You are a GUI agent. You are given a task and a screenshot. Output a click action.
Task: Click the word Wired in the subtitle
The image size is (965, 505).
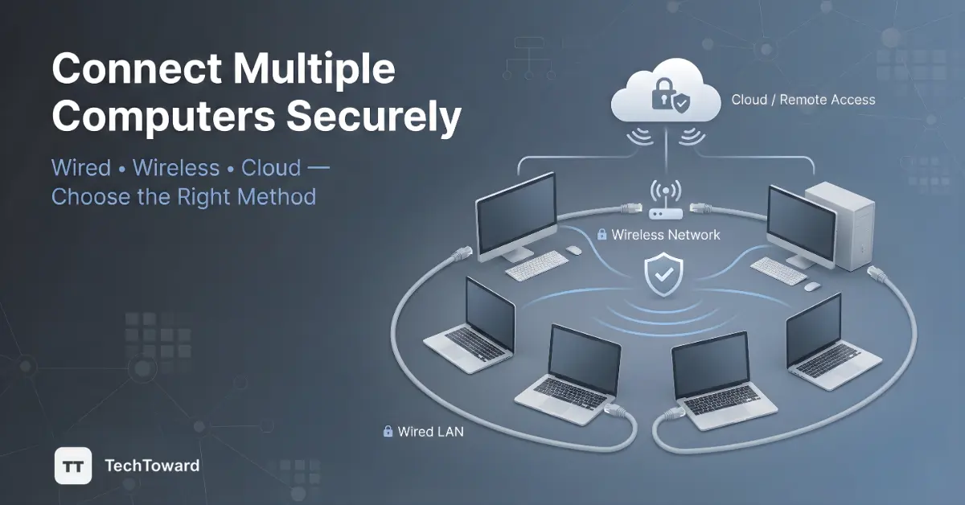tap(81, 167)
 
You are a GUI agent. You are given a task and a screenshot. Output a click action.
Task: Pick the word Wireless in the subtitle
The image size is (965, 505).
tap(176, 167)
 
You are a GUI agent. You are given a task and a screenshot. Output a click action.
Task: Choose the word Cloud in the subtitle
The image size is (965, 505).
tap(271, 167)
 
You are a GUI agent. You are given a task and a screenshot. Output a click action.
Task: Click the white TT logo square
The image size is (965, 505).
tap(72, 466)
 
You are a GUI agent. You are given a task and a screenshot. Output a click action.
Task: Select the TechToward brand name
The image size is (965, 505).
tap(152, 466)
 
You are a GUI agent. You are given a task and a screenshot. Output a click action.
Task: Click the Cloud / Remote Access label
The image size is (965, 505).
tap(803, 101)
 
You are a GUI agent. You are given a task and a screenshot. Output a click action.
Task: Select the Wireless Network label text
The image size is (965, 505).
tap(666, 236)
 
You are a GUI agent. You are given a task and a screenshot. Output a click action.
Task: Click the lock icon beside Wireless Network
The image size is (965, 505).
tap(602, 235)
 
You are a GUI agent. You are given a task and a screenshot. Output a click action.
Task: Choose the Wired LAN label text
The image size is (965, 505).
tap(431, 432)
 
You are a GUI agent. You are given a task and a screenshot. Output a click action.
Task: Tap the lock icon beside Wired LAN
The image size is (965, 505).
tap(388, 432)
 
